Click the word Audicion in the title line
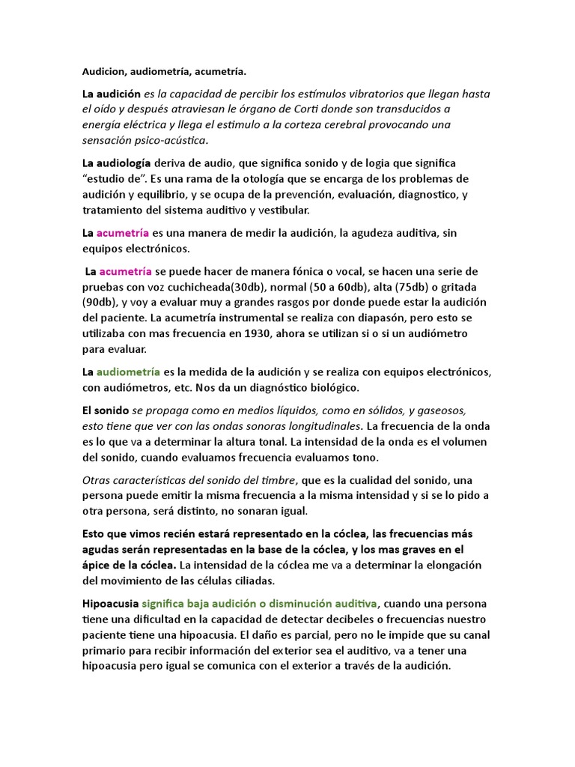point(103,72)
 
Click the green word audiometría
point(128,372)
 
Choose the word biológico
point(334,387)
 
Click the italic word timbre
point(279,480)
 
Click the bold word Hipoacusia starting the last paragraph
point(110,603)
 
